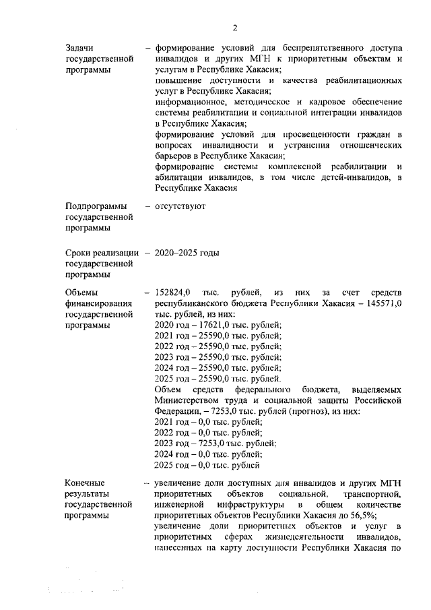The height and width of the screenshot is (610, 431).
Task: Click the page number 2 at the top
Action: (x=234, y=28)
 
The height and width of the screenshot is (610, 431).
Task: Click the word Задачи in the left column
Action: (x=79, y=49)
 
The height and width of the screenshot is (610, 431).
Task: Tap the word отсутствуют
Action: (x=180, y=206)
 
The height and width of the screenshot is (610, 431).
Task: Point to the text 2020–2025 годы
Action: (x=187, y=253)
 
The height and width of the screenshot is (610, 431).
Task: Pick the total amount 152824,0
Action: (x=173, y=292)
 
